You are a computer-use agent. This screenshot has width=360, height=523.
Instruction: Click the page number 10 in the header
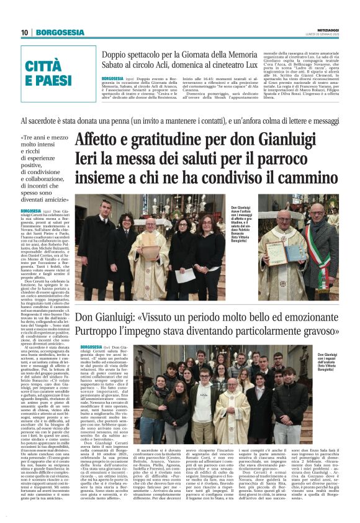pyautogui.click(x=24, y=32)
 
